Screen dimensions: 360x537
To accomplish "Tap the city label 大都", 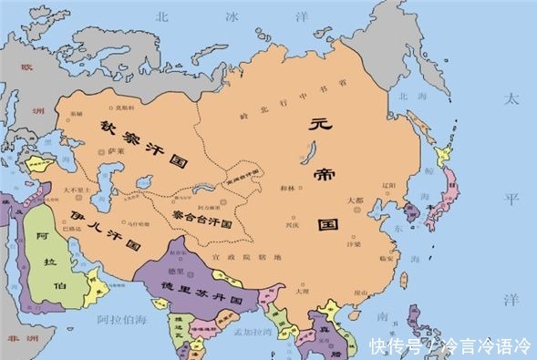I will (356, 200).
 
